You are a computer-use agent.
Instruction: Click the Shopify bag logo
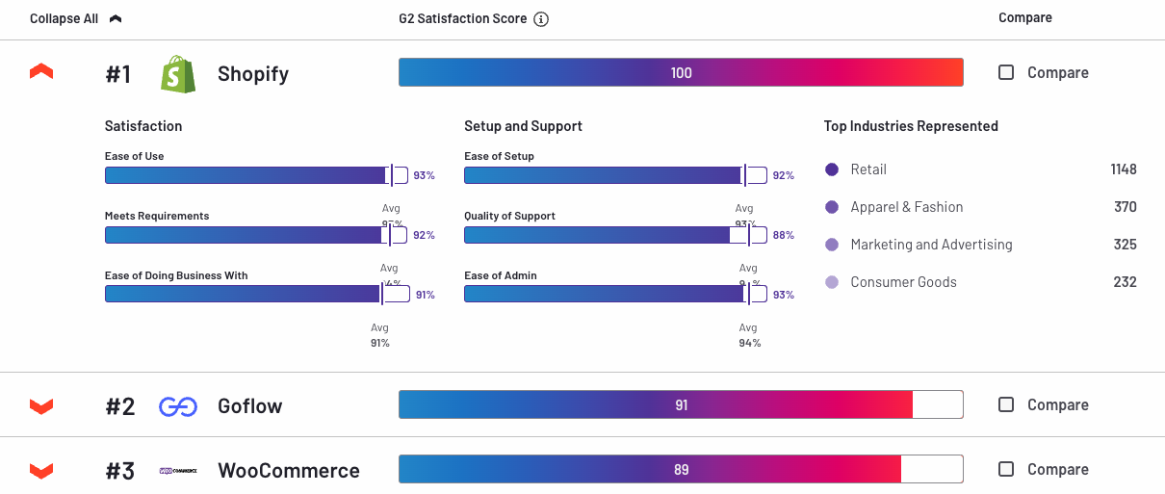point(178,74)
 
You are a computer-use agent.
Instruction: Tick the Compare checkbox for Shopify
point(1006,72)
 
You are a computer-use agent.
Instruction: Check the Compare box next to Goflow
point(1006,404)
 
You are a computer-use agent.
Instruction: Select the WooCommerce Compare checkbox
point(1006,469)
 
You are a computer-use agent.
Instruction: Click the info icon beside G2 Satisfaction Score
point(541,19)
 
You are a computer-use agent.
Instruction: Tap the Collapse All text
point(64,18)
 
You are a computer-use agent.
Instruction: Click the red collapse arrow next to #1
point(41,72)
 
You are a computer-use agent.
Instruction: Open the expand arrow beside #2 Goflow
point(41,406)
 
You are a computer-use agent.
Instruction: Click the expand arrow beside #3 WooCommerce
point(41,470)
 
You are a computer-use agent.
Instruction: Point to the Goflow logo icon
point(178,406)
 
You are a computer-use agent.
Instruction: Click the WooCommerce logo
point(178,471)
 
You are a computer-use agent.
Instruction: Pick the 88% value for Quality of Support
point(784,235)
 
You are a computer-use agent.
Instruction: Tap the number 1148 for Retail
point(1123,169)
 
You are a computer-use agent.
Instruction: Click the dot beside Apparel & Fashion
point(832,207)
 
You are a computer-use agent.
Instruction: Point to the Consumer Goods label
point(903,282)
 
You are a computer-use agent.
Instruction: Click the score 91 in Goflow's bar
point(682,405)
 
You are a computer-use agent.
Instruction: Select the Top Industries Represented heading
point(911,126)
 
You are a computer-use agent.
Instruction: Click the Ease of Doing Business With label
point(176,275)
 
